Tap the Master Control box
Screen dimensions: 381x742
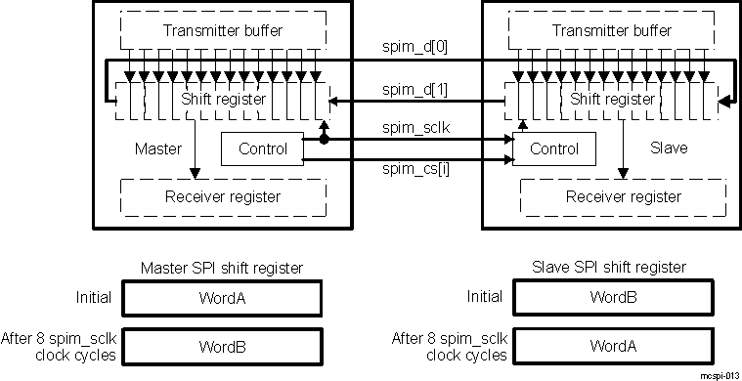263,149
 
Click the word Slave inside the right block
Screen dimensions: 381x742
670,149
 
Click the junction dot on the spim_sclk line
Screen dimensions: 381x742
324,140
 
